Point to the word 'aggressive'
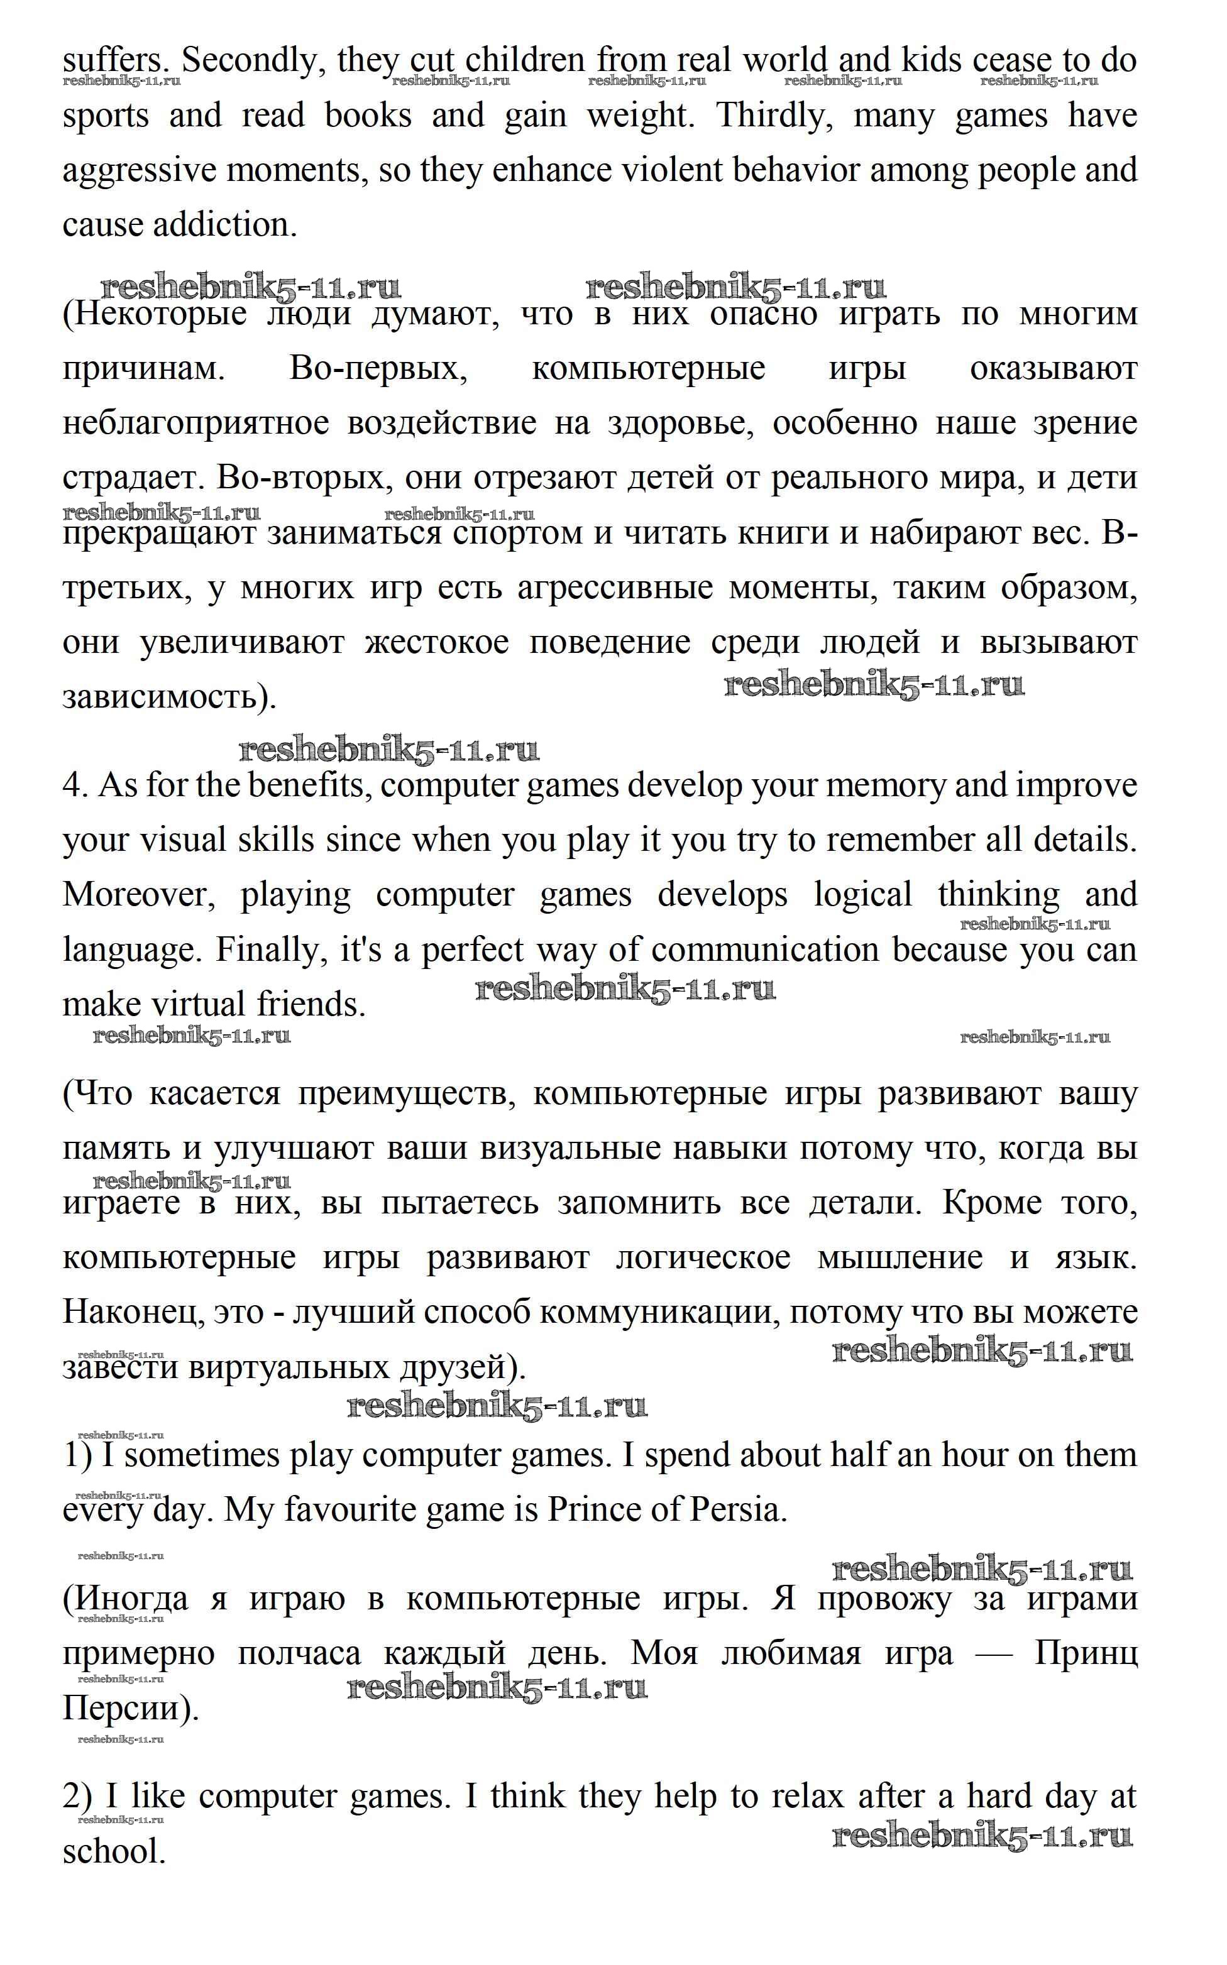137,170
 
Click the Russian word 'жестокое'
437,642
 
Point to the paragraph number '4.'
75,785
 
